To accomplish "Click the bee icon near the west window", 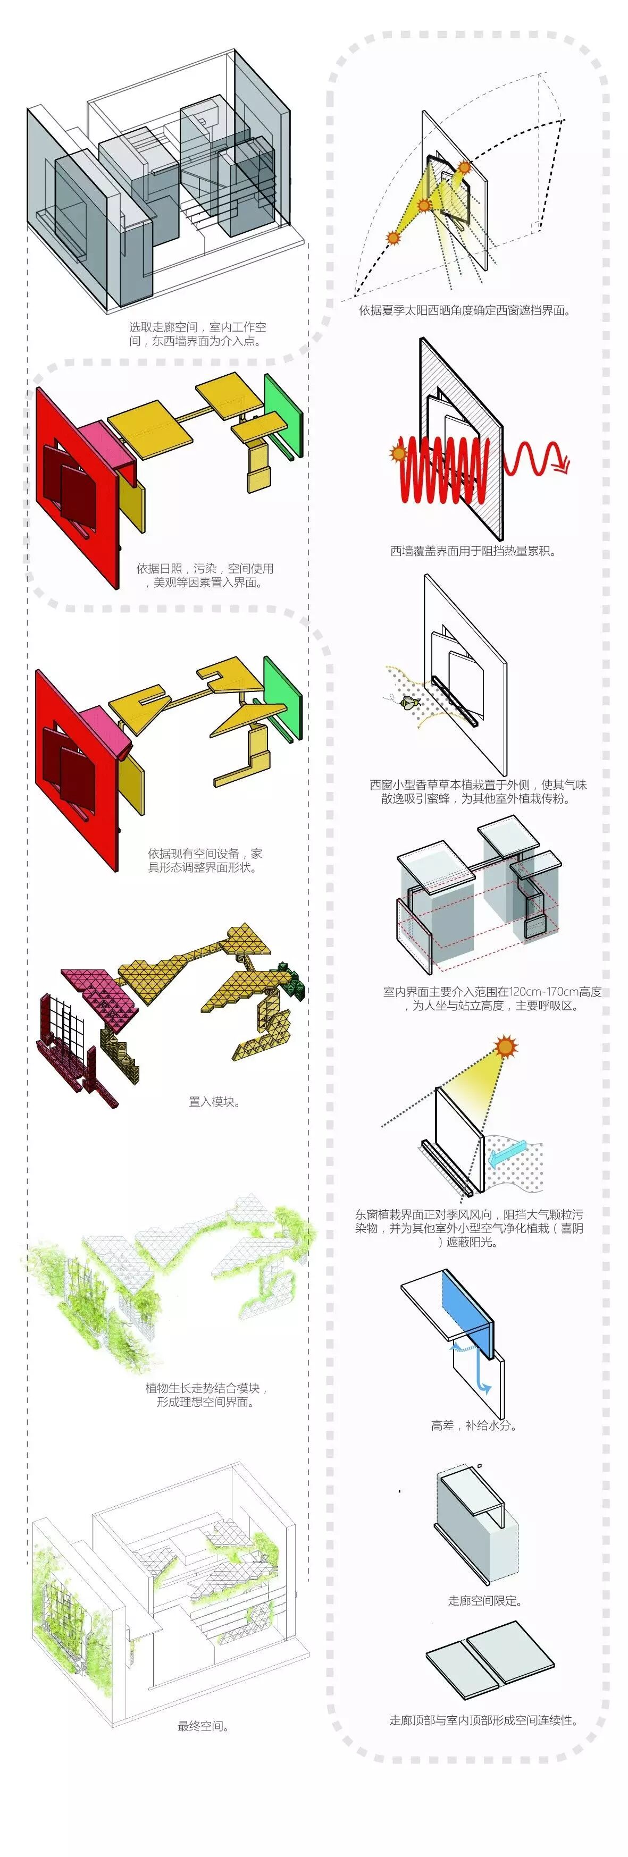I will [409, 700].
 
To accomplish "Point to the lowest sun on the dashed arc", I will [393, 237].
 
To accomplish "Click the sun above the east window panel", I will [505, 1046].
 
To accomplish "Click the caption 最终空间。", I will [203, 1726].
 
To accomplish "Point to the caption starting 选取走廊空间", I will [197, 334].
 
